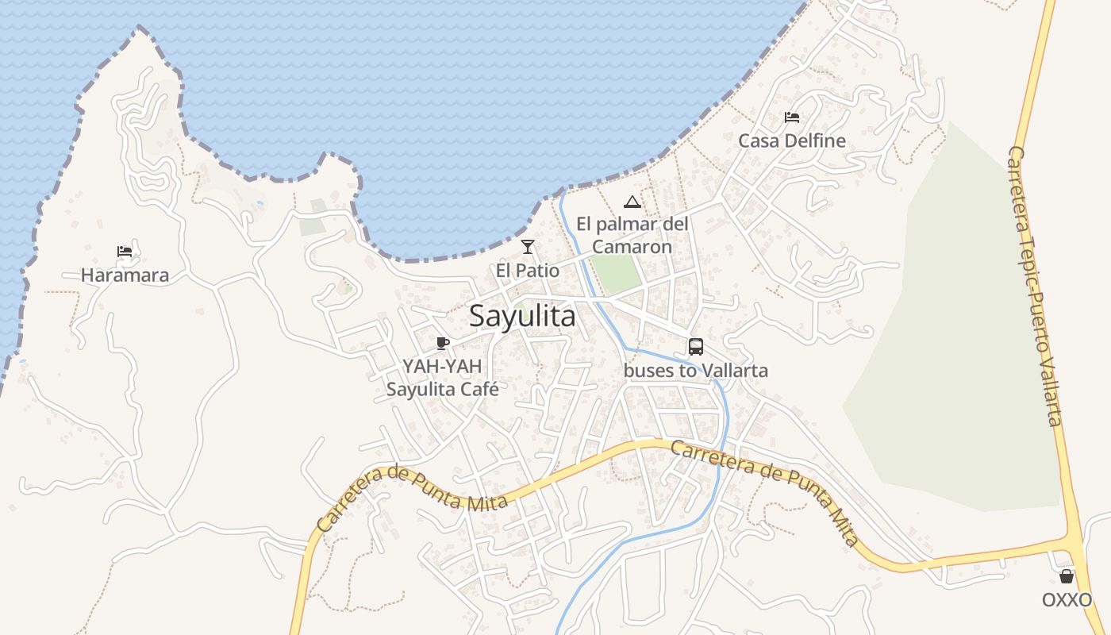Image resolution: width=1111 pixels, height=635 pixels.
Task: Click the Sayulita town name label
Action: point(522,316)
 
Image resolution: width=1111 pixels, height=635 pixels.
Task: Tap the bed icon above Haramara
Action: point(125,252)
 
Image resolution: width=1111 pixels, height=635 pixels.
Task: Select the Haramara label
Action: point(125,275)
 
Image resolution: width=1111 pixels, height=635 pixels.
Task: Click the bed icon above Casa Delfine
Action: point(791,117)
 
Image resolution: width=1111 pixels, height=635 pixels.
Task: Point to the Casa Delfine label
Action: point(792,140)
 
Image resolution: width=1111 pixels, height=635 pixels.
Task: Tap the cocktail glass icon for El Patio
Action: point(528,247)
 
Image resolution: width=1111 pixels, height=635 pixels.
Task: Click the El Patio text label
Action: point(528,271)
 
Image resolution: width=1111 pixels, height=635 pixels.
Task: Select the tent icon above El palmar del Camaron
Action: point(632,202)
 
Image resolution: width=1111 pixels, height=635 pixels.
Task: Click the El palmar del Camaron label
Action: point(632,235)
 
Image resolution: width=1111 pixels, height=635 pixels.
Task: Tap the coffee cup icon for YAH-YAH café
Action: point(443,343)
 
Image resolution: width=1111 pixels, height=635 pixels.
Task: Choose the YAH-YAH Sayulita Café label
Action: point(442,378)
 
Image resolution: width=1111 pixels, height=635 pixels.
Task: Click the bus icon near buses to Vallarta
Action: point(696,347)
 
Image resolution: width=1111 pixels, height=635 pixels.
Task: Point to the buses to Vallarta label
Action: point(696,371)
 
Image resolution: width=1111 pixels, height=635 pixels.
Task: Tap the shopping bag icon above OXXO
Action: point(1067,576)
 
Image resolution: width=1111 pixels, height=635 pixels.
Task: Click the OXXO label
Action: point(1067,599)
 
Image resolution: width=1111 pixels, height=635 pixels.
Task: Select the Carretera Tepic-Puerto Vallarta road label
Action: point(1035,286)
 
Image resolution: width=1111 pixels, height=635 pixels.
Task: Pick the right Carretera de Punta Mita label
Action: point(765,492)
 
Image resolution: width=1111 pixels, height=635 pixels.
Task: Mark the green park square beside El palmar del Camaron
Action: point(617,273)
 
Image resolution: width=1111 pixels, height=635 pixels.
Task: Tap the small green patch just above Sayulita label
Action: point(520,306)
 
